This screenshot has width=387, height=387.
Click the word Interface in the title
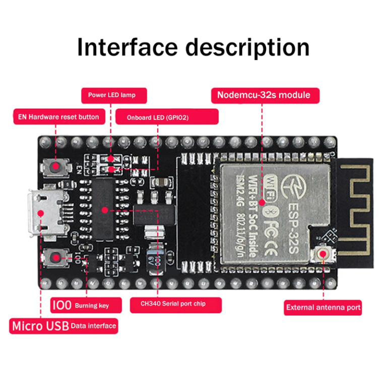pos(127,47)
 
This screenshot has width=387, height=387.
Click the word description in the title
pos(247,47)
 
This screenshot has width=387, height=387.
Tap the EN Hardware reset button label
pos(59,117)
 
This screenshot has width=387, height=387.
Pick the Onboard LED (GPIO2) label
pos(167,117)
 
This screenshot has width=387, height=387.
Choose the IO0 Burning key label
pos(87,305)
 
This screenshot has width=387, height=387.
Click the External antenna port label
pos(322,307)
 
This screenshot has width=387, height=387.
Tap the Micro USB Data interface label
pos(64,326)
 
